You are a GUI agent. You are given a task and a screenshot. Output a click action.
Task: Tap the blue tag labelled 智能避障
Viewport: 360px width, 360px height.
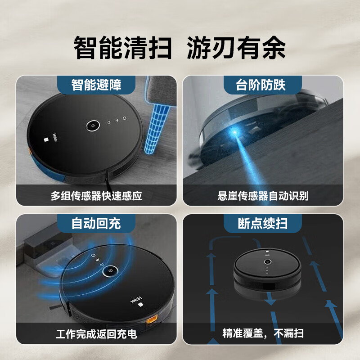point(96,85)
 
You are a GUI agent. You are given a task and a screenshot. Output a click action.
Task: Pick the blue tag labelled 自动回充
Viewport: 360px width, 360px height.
point(96,223)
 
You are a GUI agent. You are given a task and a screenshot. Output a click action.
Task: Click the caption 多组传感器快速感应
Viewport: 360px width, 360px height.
point(96,196)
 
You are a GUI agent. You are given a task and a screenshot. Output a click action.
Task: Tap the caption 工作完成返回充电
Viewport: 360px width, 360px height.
point(96,335)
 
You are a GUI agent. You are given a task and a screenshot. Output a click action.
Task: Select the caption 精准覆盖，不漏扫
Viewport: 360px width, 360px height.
point(263,334)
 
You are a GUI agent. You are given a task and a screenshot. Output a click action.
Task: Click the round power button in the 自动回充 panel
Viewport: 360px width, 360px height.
point(110,271)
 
